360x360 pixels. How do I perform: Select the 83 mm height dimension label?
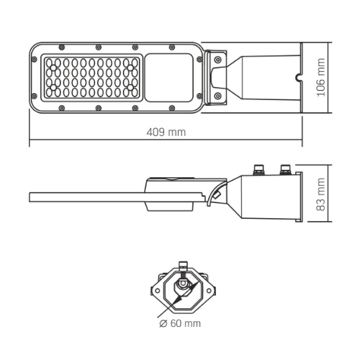[322, 197]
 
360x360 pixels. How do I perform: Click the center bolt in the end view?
[183, 286]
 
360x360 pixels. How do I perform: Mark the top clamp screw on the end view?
[183, 266]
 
